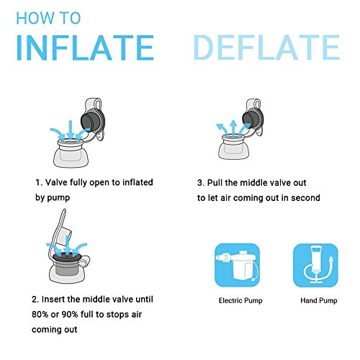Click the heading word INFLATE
(85, 48)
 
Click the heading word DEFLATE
(266, 48)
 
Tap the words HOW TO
(48, 18)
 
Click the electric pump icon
(237, 265)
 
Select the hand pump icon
(315, 265)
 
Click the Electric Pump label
(240, 300)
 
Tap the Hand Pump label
(319, 300)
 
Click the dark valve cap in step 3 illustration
(251, 118)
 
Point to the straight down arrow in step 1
(70, 130)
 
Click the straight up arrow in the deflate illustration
(233, 128)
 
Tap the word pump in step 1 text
(58, 198)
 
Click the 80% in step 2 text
(40, 315)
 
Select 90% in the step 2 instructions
(70, 315)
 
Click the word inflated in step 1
(138, 182)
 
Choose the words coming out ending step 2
(54, 330)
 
